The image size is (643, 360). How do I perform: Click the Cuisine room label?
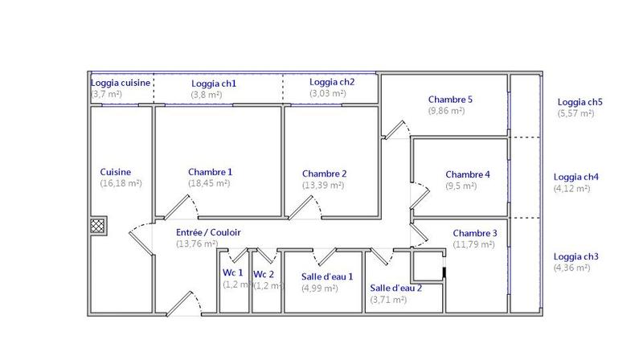click(x=115, y=172)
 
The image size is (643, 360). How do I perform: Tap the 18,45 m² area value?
click(x=209, y=183)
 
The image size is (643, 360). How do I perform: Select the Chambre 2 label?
click(x=325, y=174)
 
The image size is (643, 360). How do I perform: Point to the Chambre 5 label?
click(x=450, y=100)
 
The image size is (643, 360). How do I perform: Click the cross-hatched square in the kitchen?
click(x=97, y=226)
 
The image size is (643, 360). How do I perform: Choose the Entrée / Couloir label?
click(x=208, y=232)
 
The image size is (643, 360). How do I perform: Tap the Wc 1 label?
click(x=232, y=272)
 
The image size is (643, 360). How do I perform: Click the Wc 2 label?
click(x=264, y=274)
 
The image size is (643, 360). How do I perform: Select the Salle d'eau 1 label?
click(x=327, y=276)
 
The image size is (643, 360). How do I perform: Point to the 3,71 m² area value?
click(x=388, y=300)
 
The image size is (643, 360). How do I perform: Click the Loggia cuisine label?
click(x=121, y=83)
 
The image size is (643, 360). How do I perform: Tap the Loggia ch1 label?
click(x=214, y=84)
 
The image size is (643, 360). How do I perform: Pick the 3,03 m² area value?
click(x=328, y=93)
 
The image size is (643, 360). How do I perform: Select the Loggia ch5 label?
click(x=580, y=102)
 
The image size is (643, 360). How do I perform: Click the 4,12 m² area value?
click(x=571, y=189)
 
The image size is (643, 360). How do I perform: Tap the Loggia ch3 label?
click(x=575, y=256)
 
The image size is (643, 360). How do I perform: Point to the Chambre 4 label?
click(x=468, y=174)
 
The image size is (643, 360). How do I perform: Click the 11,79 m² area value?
click(x=473, y=244)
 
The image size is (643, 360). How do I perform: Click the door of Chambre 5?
click(x=395, y=129)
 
